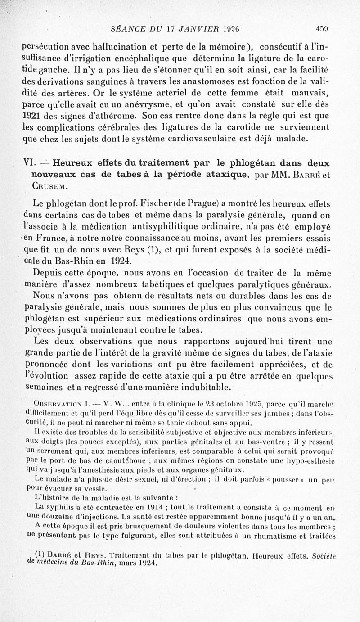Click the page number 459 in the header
tap(322, 27)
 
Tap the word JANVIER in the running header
tap(183, 27)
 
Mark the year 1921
tap(32, 116)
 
